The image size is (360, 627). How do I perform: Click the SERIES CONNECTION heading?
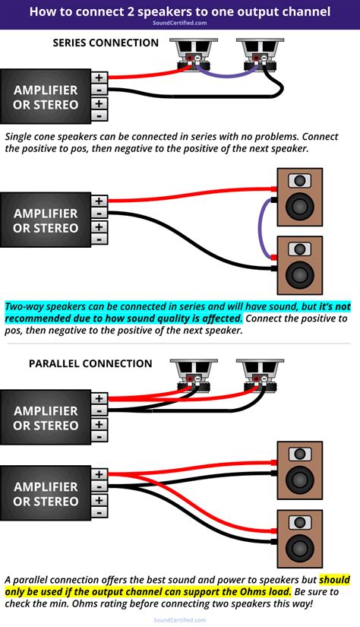click(106, 43)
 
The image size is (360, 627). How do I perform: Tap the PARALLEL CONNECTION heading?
click(90, 363)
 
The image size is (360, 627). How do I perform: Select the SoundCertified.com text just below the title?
click(179, 23)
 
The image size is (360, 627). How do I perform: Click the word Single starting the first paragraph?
click(21, 137)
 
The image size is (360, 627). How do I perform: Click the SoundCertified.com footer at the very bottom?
click(179, 620)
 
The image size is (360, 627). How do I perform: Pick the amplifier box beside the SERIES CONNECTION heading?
click(46, 97)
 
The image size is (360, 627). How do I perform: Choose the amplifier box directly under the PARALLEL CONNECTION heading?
click(46, 417)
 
